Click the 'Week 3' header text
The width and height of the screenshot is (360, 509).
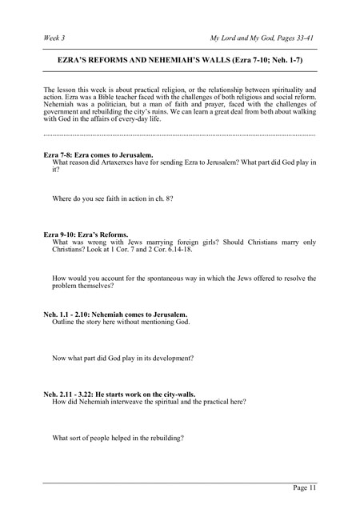(x=56, y=38)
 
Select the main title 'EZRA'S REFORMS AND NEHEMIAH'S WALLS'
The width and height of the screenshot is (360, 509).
(x=143, y=60)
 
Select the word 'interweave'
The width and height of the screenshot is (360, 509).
(x=136, y=403)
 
